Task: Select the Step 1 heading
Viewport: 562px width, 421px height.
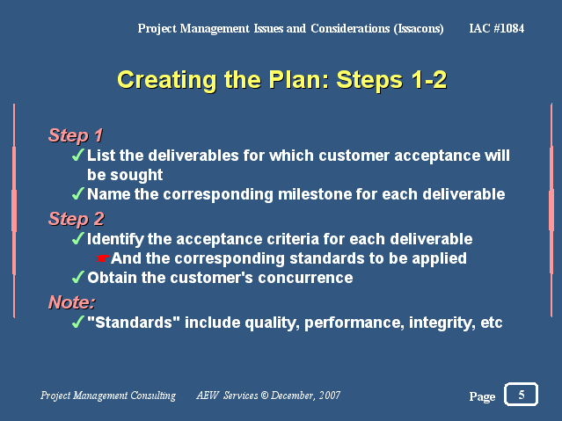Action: [76, 135]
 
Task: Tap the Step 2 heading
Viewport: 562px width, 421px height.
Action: [77, 219]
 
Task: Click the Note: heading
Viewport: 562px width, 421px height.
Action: [72, 302]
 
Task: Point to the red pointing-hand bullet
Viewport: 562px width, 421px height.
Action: [103, 258]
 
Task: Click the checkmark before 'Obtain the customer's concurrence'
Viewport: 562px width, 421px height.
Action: [78, 277]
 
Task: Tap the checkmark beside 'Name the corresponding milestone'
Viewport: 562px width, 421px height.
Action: [78, 193]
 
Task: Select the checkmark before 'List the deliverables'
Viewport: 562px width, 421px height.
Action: [78, 155]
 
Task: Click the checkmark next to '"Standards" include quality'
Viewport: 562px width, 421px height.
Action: [78, 322]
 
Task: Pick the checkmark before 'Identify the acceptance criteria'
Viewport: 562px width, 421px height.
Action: [78, 238]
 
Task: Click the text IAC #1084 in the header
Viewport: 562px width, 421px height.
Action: [496, 28]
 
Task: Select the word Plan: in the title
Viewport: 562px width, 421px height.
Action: [299, 79]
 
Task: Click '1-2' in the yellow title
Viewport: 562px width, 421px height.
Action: [429, 79]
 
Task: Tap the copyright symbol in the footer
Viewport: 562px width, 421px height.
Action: [265, 396]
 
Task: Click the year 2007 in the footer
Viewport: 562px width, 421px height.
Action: [330, 396]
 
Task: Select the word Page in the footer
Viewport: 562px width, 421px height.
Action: [482, 396]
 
